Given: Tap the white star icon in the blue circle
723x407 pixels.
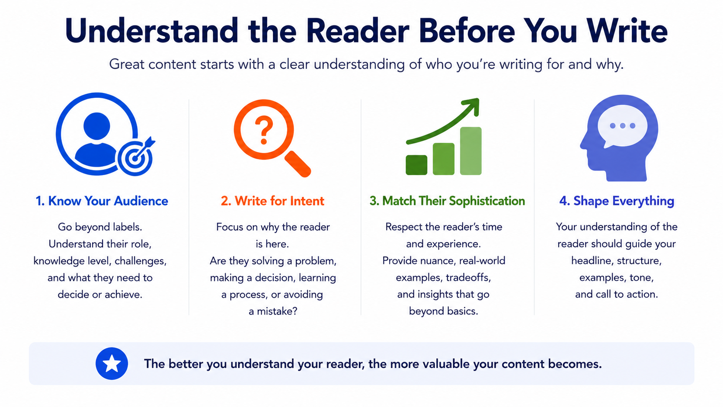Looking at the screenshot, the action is (112, 364).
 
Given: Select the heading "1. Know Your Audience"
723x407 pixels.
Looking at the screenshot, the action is (102, 201).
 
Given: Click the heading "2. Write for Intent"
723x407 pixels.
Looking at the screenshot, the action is (272, 201).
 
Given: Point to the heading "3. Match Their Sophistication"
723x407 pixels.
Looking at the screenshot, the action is (447, 201).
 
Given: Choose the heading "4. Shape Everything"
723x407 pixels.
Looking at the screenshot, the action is (617, 201).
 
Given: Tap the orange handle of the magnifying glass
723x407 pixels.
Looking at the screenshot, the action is (298, 164).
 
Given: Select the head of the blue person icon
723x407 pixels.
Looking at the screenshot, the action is (96, 126).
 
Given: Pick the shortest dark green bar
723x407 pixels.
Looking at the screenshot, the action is (416, 165).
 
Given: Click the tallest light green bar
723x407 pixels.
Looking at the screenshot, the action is (470, 151).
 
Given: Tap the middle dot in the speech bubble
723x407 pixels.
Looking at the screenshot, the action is (623, 125).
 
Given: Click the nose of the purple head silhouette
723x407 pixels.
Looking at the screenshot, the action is (584, 144).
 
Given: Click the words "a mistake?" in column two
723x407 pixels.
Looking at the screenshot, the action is (273, 311).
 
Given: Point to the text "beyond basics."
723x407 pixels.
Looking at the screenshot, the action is (444, 311).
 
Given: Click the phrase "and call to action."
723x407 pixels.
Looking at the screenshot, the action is (617, 295).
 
